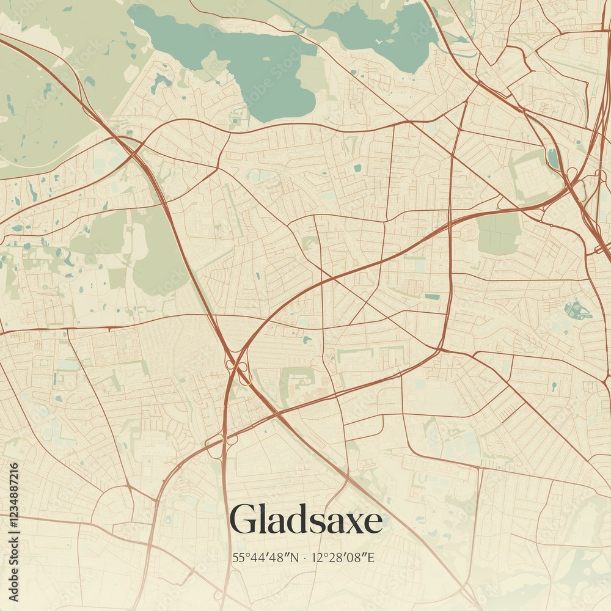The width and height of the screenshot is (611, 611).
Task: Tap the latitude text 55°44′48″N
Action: [x=266, y=557]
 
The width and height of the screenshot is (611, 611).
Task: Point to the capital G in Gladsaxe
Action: [x=243, y=520]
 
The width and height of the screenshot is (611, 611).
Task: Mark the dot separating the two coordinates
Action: [x=305, y=557]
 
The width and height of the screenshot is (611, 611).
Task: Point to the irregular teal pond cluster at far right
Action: [x=577, y=310]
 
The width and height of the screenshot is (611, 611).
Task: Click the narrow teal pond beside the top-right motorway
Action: [x=553, y=158]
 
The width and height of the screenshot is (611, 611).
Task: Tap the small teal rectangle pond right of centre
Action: [x=432, y=296]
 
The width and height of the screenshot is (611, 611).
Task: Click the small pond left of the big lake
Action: [x=162, y=81]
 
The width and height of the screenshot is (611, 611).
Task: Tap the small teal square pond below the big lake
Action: [x=357, y=167]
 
